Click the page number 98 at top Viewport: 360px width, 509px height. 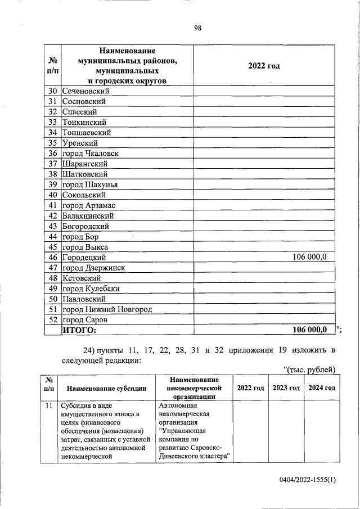click(x=197, y=29)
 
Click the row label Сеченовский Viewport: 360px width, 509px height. click(x=86, y=91)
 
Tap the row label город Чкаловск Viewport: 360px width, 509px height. click(x=91, y=154)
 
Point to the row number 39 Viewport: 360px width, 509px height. click(x=53, y=184)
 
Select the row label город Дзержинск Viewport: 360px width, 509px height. click(x=93, y=268)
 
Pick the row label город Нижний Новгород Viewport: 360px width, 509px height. click(x=107, y=309)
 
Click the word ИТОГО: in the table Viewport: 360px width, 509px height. click(x=79, y=330)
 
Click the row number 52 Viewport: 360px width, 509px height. click(x=53, y=319)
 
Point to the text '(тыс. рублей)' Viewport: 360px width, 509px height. click(x=309, y=369)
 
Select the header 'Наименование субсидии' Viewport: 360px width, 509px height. click(x=106, y=388)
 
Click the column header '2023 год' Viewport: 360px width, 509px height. click(x=286, y=388)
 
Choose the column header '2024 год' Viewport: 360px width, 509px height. click(x=321, y=388)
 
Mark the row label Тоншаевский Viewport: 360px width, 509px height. click(x=86, y=133)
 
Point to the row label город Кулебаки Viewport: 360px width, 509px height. click(x=91, y=289)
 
